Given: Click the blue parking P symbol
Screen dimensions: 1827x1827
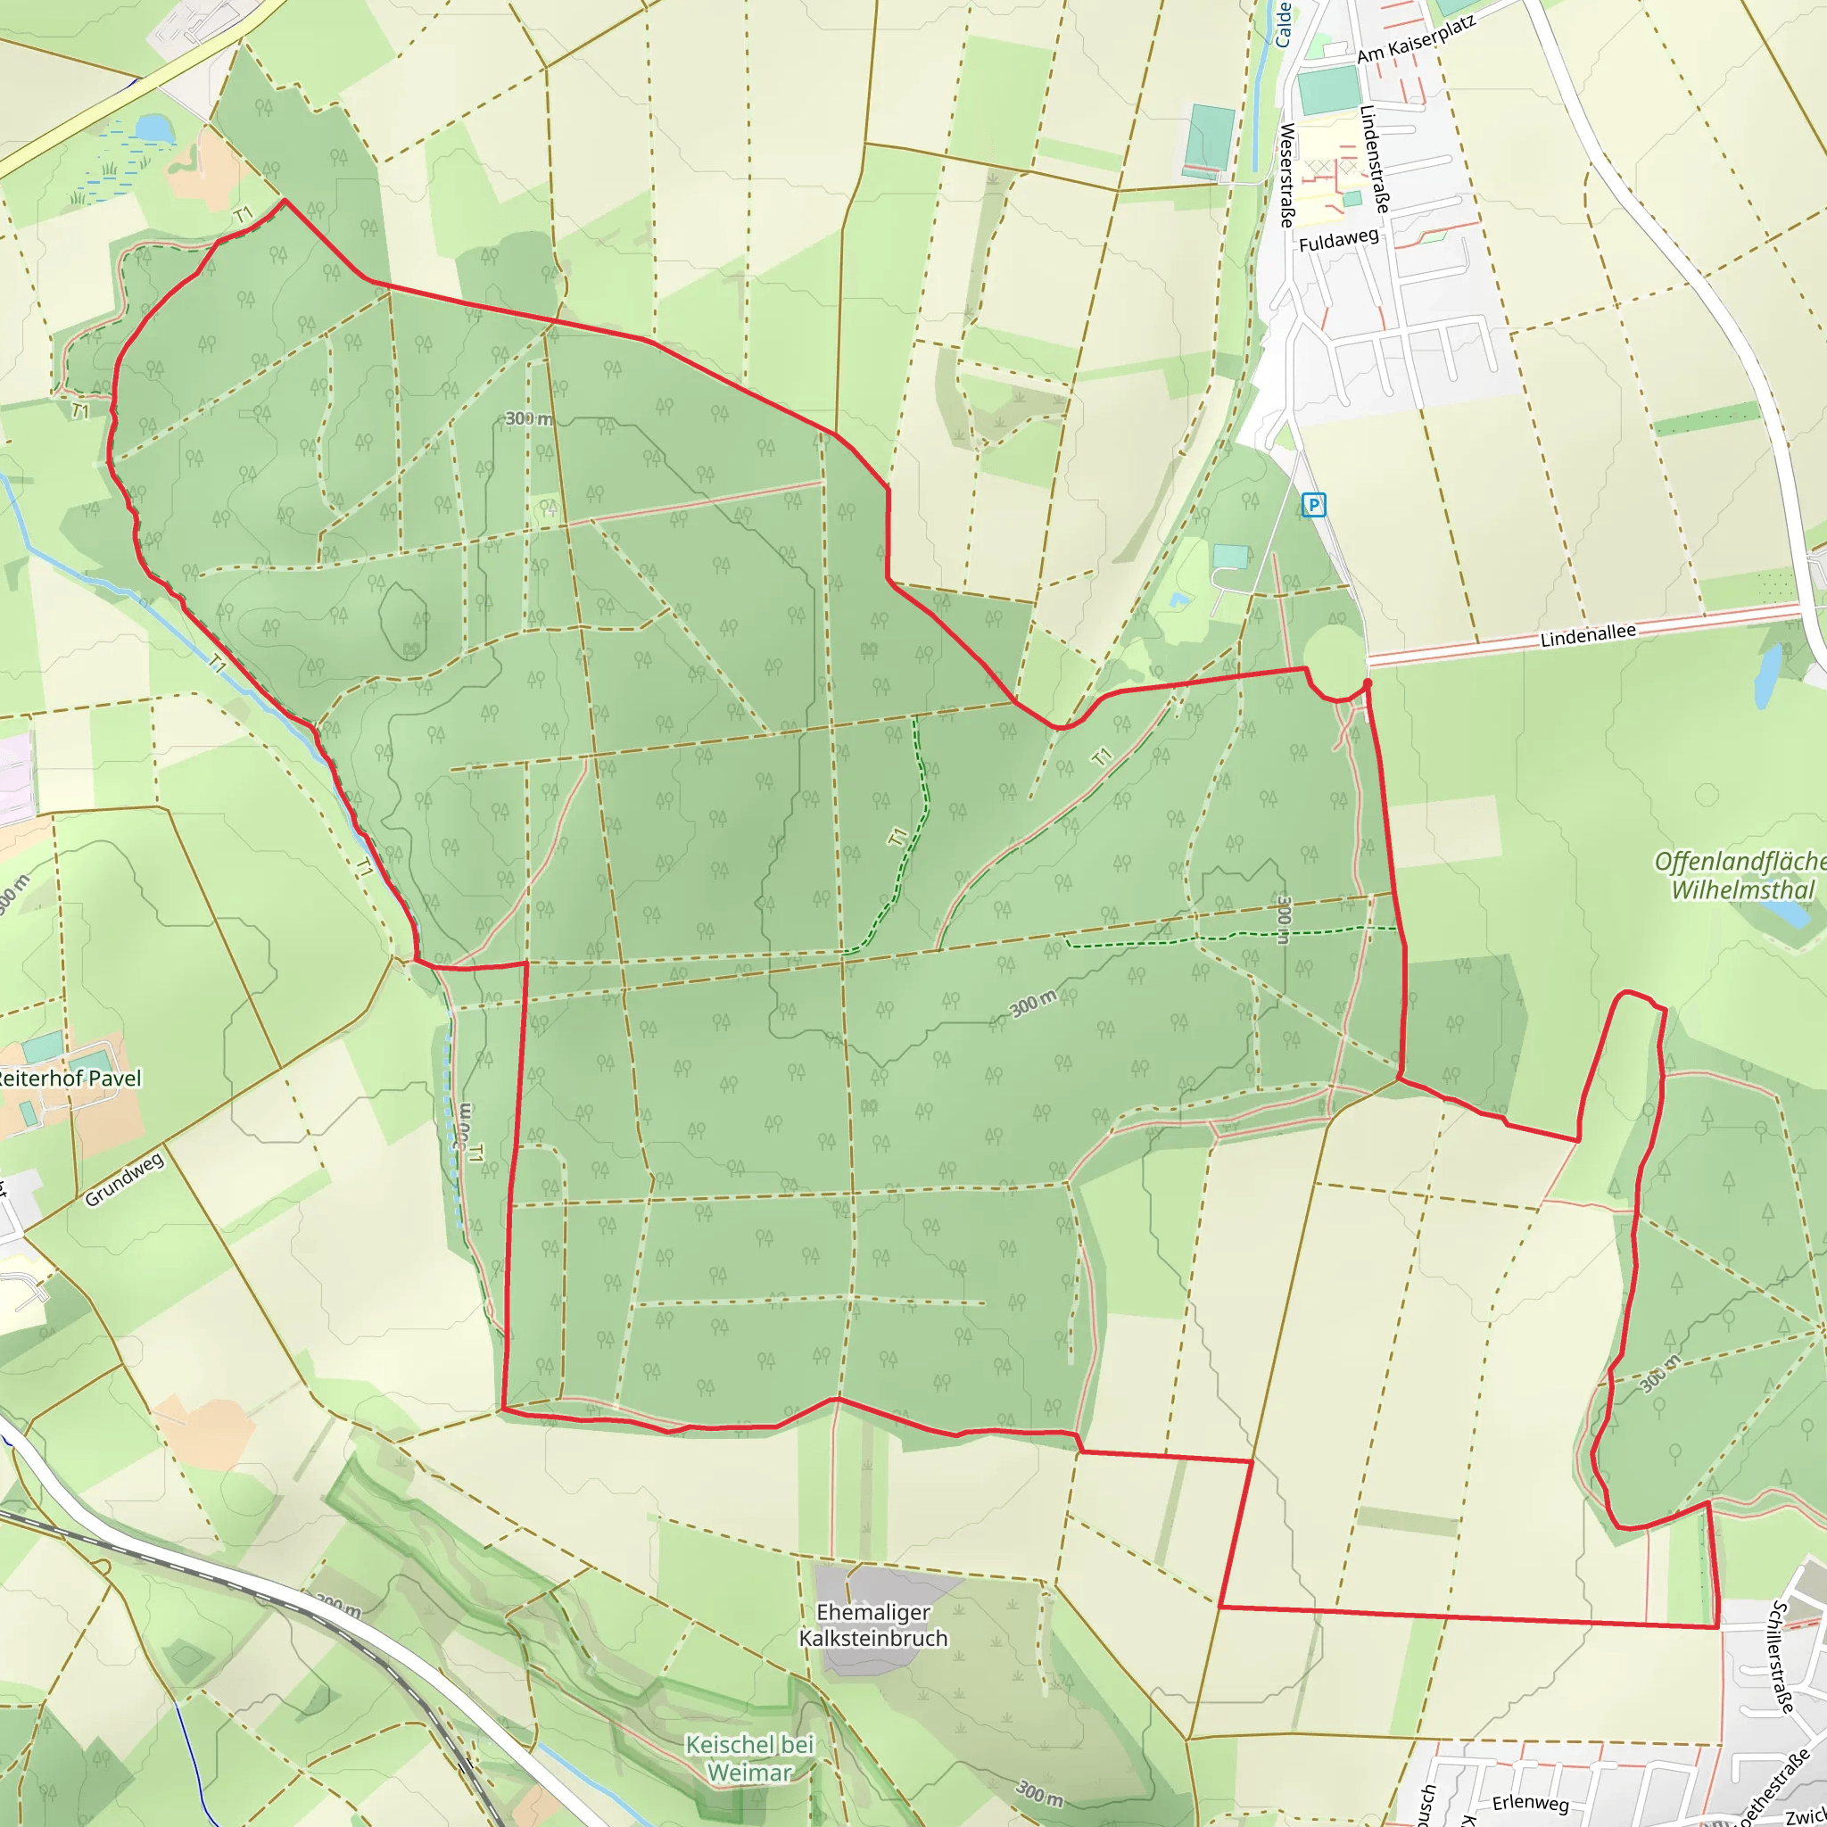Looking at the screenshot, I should coord(1313,505).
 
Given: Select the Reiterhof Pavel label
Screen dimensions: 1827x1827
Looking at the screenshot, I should coord(69,1078).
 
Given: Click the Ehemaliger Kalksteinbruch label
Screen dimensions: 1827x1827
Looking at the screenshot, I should coord(872,1624).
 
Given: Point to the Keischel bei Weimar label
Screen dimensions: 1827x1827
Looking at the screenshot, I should coord(750,1758).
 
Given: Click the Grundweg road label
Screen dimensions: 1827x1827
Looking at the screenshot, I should coord(124,1179).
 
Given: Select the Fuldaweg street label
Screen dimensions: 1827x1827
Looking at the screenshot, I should coord(1338,240).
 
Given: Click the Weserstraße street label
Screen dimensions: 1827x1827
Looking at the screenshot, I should coord(1286,176).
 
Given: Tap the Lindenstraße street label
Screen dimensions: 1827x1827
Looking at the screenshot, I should coord(1375,158).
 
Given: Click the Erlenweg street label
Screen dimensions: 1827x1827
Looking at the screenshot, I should coord(1530,1802).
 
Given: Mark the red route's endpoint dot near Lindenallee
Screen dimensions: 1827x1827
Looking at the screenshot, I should coord(1368,682).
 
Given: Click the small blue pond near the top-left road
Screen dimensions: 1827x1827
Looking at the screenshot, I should coord(155,128).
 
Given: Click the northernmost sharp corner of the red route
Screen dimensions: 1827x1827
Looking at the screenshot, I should coord(285,201).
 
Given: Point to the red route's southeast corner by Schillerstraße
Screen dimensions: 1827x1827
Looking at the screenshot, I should coord(1717,1627).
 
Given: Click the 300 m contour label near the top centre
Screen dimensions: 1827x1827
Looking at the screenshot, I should coord(529,418).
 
